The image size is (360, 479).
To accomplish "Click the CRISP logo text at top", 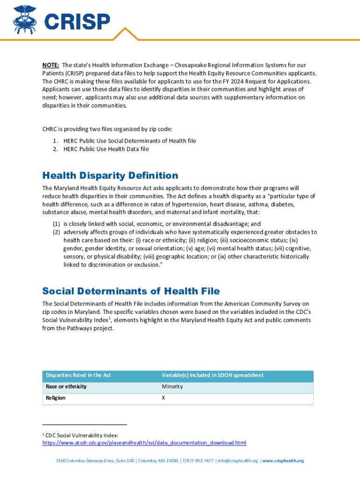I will click(77, 21).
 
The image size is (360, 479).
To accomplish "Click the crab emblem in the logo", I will click(26, 19).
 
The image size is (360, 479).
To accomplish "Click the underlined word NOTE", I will click(50, 65).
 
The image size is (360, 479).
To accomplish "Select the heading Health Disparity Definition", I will click(110, 175).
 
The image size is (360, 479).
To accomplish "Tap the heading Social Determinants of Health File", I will click(131, 291).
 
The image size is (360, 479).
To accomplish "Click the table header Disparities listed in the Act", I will click(78, 375).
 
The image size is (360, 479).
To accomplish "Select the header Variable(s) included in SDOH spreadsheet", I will click(213, 375).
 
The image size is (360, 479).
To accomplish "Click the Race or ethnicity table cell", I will click(66, 387).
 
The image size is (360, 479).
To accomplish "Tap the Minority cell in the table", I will click(172, 387).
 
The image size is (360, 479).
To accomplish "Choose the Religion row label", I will click(56, 398).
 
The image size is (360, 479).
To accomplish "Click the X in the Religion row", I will click(164, 398).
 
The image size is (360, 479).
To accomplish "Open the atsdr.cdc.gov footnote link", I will click(144, 443).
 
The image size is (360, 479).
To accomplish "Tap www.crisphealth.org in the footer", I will click(283, 461).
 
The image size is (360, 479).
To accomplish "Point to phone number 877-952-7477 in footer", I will click(200, 461).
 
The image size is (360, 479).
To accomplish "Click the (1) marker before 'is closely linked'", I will click(56, 224).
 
